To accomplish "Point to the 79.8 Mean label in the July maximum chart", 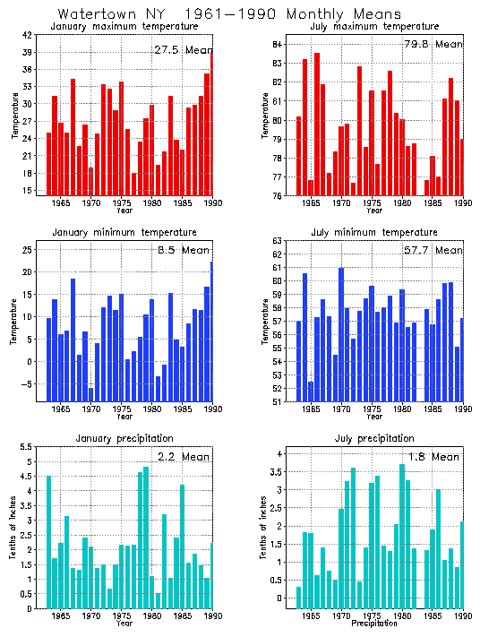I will [x=433, y=43].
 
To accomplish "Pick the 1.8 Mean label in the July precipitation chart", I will [x=433, y=456].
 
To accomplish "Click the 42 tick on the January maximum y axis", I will [x=27, y=35].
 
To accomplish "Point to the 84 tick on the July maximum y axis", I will [x=278, y=44].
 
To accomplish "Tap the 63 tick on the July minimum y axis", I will [x=278, y=241].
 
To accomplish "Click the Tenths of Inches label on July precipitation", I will [x=264, y=529].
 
